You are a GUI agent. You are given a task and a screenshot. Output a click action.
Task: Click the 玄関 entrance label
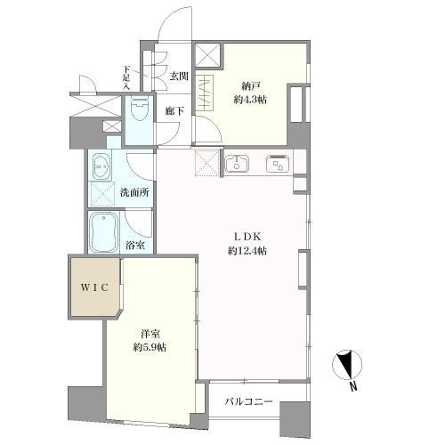[179, 76]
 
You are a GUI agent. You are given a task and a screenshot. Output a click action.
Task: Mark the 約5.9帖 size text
[149, 347]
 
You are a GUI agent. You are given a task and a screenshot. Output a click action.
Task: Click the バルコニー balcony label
[247, 401]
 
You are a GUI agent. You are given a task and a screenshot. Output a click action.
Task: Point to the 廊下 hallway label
[174, 111]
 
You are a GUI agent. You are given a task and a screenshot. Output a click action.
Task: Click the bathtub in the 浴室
[105, 233]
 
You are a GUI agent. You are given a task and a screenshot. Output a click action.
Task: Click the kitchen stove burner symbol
[276, 164]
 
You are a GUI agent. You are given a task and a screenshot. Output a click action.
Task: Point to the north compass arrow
[345, 366]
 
